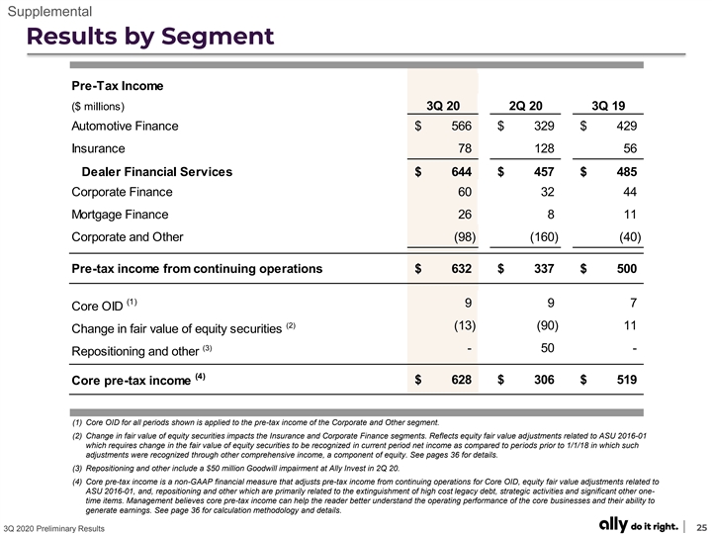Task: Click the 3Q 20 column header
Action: point(443,106)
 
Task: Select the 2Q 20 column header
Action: point(525,106)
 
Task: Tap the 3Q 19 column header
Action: point(608,106)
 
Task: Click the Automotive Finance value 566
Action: point(462,126)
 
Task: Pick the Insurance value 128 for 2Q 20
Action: point(545,148)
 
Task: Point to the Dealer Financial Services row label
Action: point(157,172)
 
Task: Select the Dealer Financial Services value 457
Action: point(544,172)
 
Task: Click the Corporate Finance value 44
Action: point(630,192)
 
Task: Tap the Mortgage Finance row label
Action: point(120,215)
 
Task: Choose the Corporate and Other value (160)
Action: point(545,237)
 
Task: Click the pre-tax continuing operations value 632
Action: point(462,269)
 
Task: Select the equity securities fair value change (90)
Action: point(547,325)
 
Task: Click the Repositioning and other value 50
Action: point(548,348)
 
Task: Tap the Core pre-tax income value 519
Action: point(627,380)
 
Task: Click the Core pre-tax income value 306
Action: point(544,380)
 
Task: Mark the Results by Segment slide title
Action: point(150,37)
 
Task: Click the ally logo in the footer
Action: point(613,524)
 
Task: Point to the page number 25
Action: point(702,527)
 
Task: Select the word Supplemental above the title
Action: point(50,11)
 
